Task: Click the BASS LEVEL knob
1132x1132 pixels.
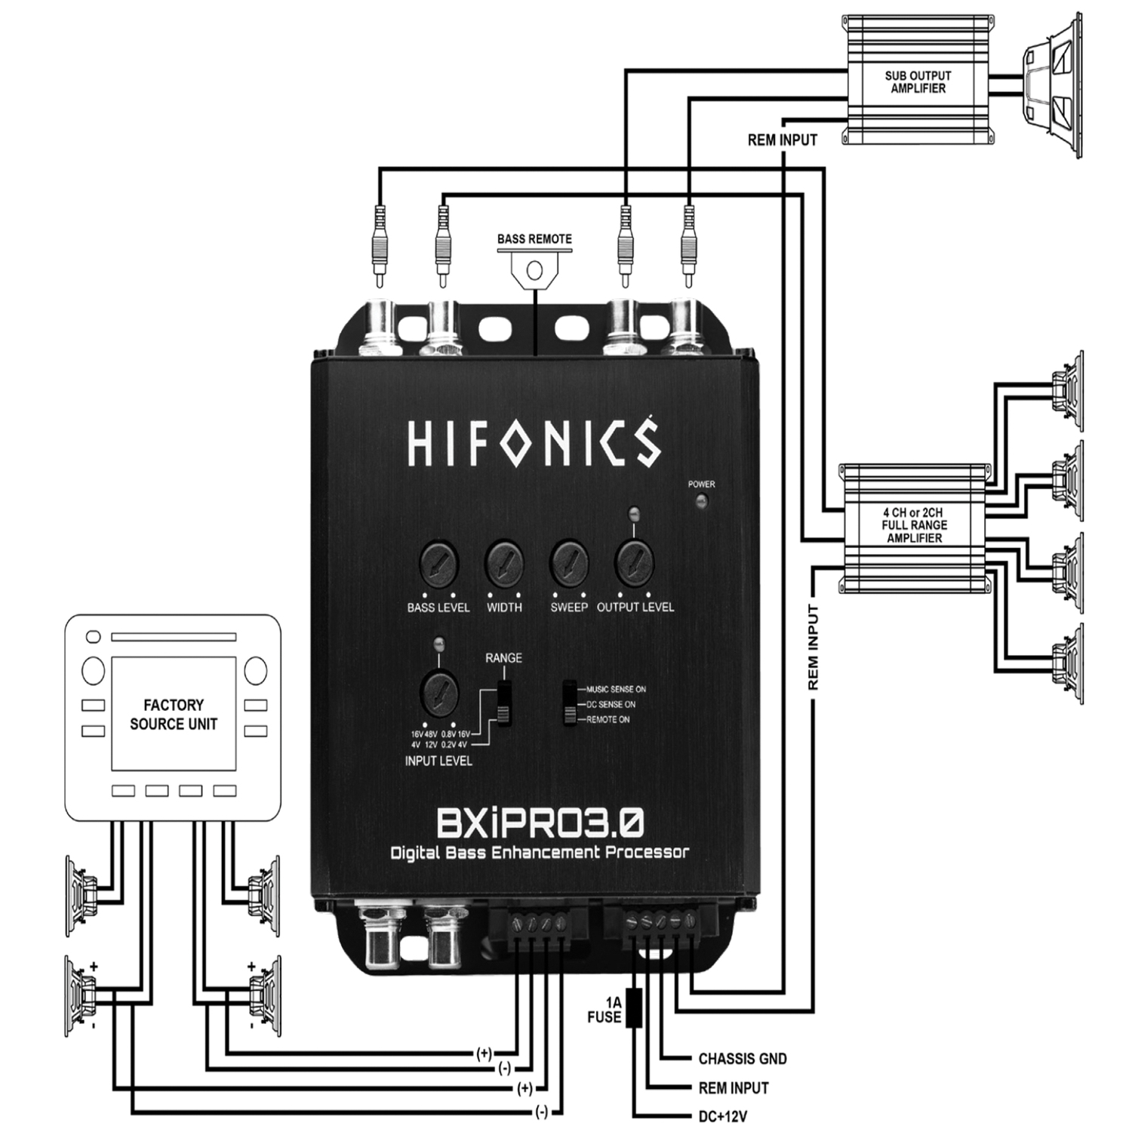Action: point(438,563)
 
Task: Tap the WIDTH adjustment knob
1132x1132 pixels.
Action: point(504,563)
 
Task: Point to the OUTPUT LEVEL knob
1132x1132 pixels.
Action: point(635,563)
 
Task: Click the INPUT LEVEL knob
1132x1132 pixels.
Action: point(438,691)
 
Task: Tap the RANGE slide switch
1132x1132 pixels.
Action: point(504,702)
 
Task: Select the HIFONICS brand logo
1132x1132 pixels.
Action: point(534,444)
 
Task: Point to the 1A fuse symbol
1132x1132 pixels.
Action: point(635,1007)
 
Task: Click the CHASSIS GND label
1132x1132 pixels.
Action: point(742,1059)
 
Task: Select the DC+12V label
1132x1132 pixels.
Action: point(722,1116)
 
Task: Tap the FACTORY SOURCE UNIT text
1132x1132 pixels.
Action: point(174,714)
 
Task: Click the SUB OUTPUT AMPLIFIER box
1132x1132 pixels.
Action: point(918,82)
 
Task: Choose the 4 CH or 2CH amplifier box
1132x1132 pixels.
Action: point(915,525)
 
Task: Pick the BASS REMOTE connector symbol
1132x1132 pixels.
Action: point(534,269)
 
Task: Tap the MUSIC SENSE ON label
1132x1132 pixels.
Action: point(616,689)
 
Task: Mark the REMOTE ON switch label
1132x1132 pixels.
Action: point(608,719)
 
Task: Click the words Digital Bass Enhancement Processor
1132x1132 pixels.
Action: point(539,853)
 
